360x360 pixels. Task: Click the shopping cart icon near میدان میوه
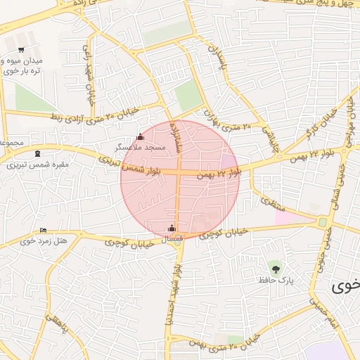[21, 50]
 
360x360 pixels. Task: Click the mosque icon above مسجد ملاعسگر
[140, 136]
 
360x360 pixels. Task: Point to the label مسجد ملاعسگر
[141, 148]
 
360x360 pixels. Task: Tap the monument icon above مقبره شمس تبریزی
[37, 154]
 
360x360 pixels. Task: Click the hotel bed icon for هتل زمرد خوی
[44, 230]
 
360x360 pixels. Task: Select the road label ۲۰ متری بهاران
[227, 121]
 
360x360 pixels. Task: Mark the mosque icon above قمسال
[172, 228]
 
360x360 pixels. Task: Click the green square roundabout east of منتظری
[323, 222]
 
